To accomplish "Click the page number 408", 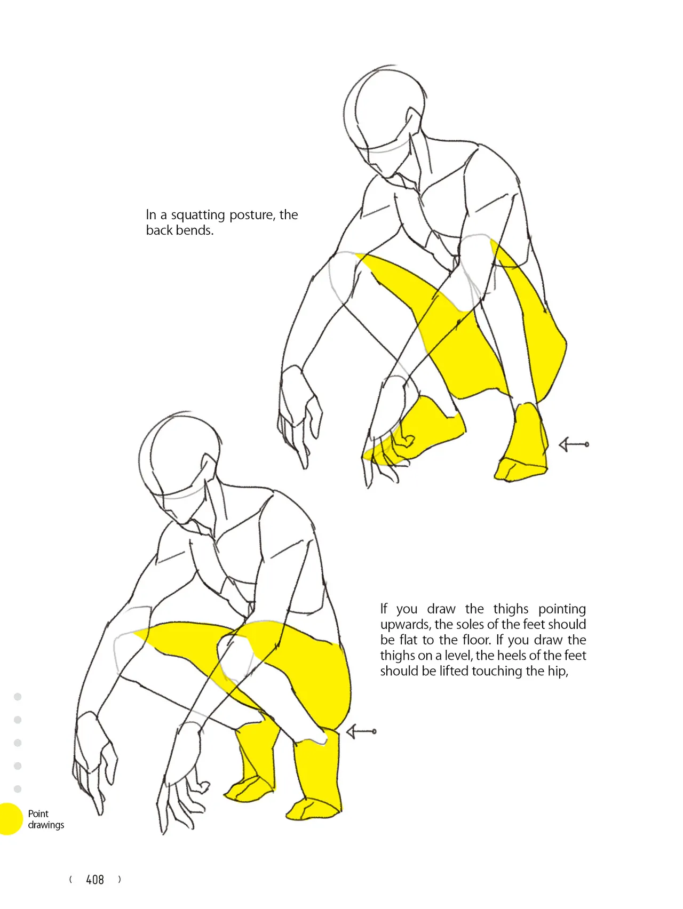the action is point(95,880).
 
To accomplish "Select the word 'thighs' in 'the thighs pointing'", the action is point(511,609).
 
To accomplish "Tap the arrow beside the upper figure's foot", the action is point(574,444).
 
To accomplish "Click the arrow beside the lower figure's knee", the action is point(361,731).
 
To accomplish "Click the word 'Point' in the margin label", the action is point(38,814).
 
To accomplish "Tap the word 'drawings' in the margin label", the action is point(46,825).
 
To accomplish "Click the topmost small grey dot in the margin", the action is point(18,697).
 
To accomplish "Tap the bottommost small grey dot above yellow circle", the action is point(18,789).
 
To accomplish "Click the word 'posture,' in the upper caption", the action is point(252,215).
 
